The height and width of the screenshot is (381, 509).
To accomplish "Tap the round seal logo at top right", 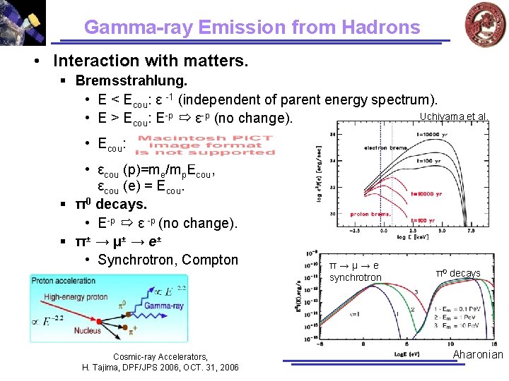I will click(x=485, y=23).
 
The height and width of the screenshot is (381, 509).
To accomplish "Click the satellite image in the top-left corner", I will click(x=23, y=22).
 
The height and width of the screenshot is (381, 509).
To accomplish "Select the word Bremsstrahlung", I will click(x=131, y=81).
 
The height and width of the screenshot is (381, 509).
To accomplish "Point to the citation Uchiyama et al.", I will click(x=453, y=116).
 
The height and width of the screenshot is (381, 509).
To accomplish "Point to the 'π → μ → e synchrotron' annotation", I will click(x=355, y=272).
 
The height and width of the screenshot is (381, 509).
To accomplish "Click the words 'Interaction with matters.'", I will click(x=151, y=61).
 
